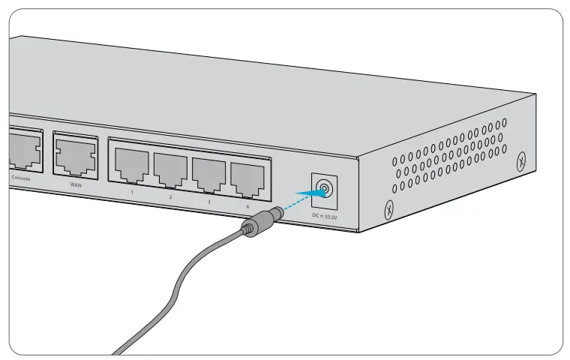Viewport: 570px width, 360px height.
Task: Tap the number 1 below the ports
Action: point(132,193)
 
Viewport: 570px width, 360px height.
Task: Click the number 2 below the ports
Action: point(170,197)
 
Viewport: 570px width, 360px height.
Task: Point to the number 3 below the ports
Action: point(208,202)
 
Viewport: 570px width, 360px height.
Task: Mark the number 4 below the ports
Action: point(247,206)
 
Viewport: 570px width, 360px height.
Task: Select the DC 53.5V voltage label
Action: point(324,215)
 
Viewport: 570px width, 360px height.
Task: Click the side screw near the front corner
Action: point(388,210)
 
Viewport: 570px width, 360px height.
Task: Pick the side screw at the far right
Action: point(523,161)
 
